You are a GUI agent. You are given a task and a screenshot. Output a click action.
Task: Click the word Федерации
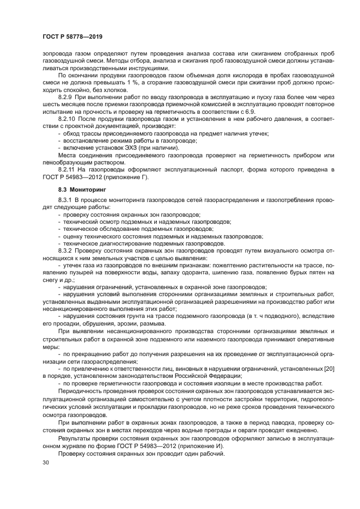(213, 376)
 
